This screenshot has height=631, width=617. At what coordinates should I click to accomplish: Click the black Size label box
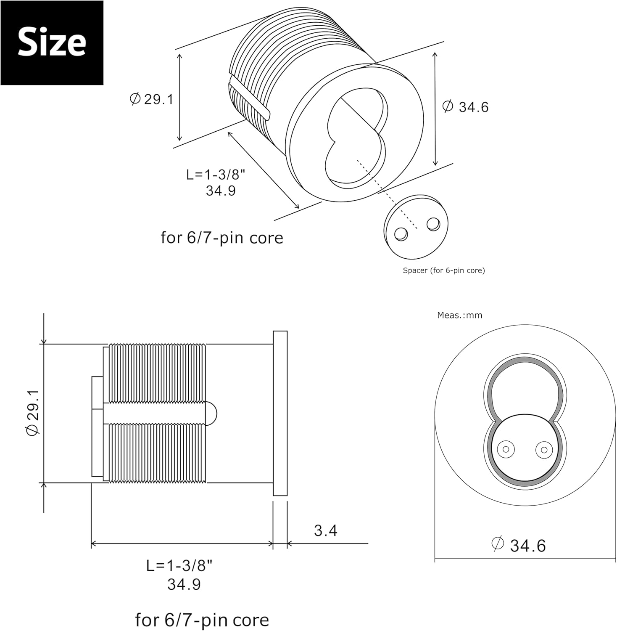(52, 43)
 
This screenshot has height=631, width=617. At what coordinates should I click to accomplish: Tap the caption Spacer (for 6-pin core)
(444, 270)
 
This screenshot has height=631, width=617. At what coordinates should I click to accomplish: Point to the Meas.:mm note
(459, 315)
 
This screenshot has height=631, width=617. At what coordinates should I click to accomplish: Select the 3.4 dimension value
(326, 530)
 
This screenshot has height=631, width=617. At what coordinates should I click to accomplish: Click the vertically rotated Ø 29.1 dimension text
(33, 412)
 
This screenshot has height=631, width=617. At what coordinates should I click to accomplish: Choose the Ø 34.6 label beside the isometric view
(465, 106)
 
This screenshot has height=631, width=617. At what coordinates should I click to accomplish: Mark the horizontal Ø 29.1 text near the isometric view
(152, 99)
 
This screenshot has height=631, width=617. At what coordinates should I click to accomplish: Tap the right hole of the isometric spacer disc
(433, 223)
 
